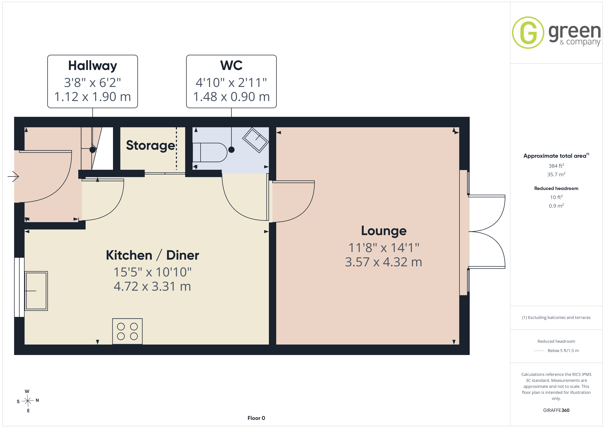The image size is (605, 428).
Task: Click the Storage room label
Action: click(150, 145)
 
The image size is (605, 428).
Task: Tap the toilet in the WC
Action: click(210, 152)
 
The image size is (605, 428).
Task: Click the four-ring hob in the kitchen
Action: click(127, 331)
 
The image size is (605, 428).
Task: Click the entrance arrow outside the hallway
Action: click(13, 176)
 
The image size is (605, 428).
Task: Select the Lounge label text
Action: click(384, 231)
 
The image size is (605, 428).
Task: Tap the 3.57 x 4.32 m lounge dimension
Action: click(384, 262)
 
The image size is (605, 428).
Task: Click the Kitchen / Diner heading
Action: click(152, 255)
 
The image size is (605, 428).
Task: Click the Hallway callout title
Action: click(92, 66)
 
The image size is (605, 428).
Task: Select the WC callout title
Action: click(231, 65)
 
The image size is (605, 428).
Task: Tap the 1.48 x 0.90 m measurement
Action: click(231, 97)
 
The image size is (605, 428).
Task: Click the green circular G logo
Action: click(528, 33)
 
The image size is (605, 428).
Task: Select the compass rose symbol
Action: click(28, 401)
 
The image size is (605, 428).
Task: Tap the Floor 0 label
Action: click(256, 418)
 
